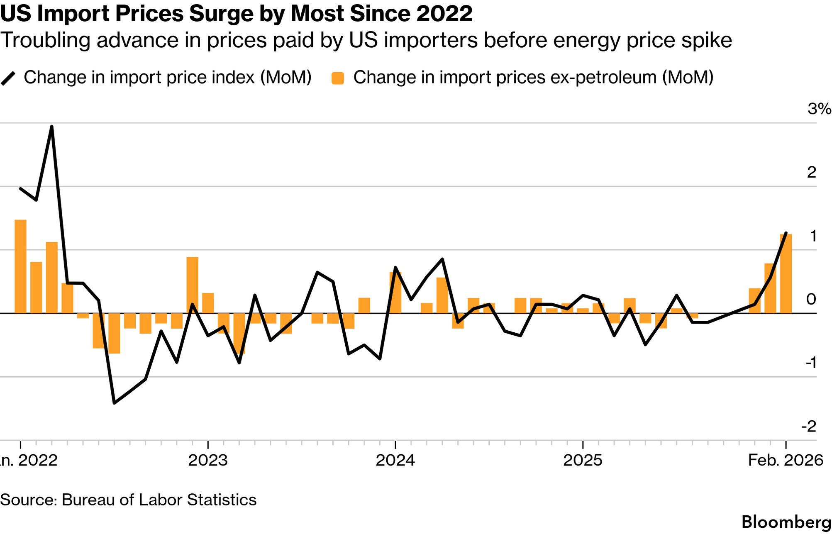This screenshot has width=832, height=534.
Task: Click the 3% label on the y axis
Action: click(818, 109)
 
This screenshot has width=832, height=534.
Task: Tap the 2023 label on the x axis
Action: click(208, 460)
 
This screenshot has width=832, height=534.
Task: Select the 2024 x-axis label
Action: click(395, 460)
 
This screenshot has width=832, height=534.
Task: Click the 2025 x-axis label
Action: click(583, 460)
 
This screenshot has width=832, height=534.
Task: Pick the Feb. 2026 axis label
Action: click(785, 460)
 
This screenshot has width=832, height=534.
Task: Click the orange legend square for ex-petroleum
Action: click(338, 78)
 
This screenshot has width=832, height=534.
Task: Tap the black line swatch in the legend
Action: click(8, 78)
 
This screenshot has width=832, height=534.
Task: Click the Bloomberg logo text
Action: click(786, 522)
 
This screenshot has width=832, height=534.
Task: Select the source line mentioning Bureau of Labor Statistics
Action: click(128, 500)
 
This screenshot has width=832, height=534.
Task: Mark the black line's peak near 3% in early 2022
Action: click(51, 127)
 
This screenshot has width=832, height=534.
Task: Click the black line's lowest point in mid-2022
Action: click(114, 402)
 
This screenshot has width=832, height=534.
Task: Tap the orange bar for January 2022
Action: click(20, 266)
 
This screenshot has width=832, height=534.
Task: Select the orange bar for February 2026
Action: click(786, 274)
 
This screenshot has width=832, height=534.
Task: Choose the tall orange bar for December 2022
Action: click(192, 285)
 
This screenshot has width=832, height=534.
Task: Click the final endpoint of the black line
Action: click(786, 233)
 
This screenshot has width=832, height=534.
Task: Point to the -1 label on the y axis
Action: click(811, 363)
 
